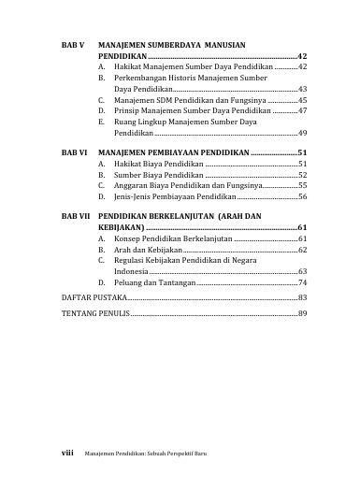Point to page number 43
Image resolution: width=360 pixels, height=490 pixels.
(302, 89)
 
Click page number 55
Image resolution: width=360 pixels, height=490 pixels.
(302, 185)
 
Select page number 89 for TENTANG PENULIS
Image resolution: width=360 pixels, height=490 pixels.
(302, 313)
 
